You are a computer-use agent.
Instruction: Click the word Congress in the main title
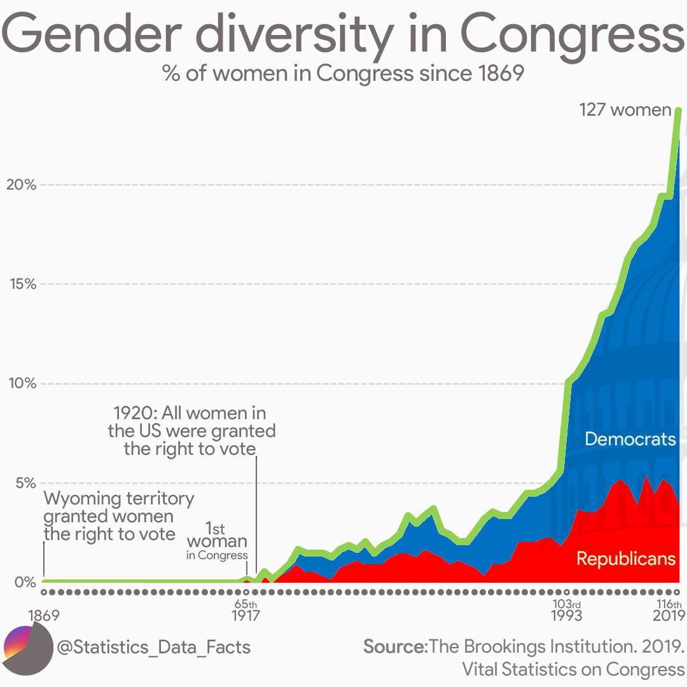pyautogui.click(x=572, y=37)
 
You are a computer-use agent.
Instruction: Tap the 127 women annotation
pyautogui.click(x=625, y=109)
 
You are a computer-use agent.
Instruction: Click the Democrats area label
pyautogui.click(x=630, y=439)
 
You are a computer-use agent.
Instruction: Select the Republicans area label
pyautogui.click(x=626, y=559)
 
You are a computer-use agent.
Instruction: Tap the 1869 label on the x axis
pyautogui.click(x=43, y=616)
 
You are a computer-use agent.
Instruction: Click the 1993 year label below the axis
pyautogui.click(x=566, y=616)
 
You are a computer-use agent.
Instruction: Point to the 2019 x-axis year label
pyautogui.click(x=669, y=616)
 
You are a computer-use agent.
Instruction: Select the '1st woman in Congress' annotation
pyautogui.click(x=217, y=541)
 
